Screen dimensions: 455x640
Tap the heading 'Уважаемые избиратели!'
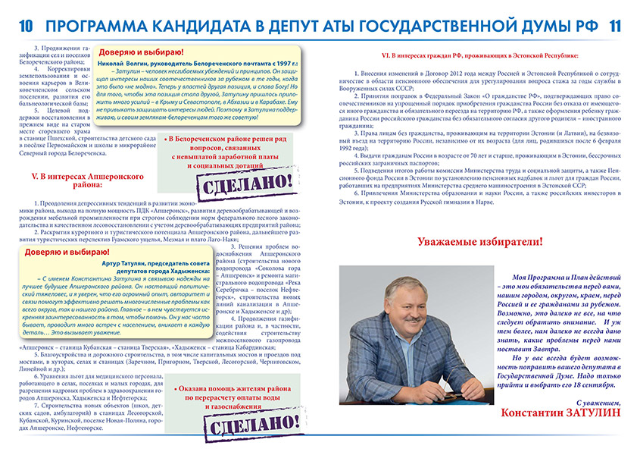(x=479, y=242)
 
